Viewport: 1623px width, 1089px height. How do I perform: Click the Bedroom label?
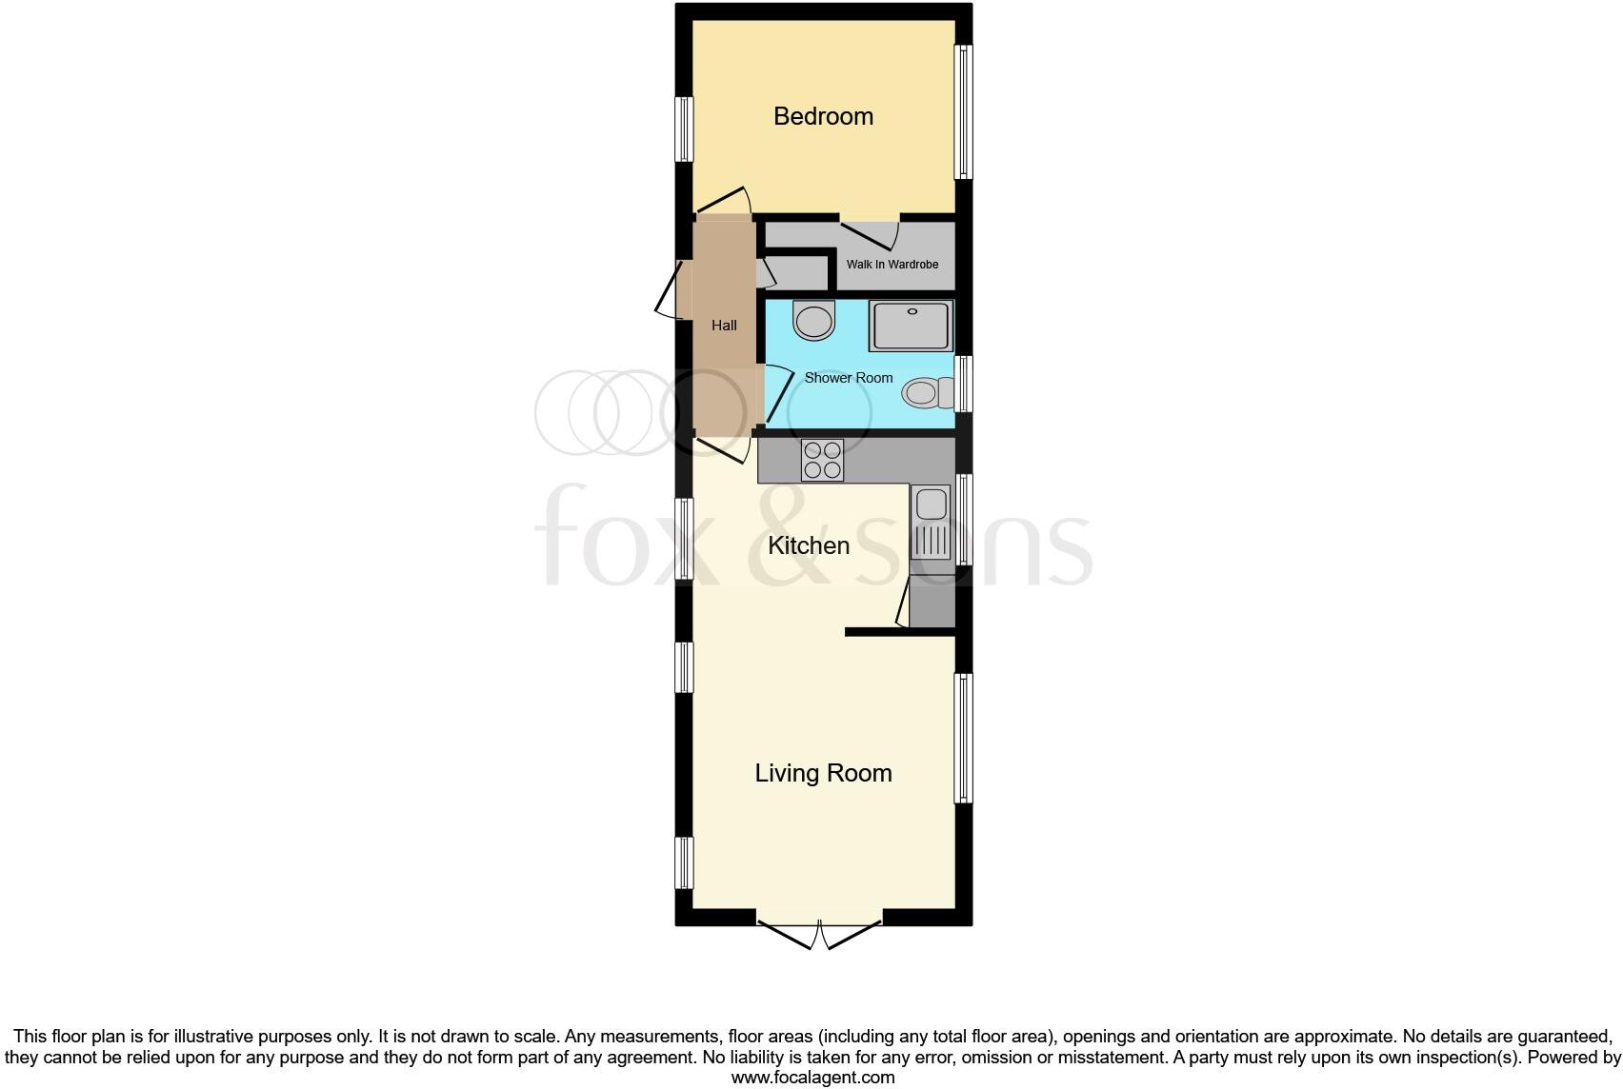point(823,116)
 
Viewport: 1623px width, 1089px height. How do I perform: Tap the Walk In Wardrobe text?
point(892,264)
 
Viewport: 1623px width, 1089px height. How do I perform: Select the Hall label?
point(724,326)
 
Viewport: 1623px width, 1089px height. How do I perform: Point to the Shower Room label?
point(848,378)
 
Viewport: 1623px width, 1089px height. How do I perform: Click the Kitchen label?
point(809,545)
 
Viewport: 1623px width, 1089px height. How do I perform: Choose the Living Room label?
point(823,773)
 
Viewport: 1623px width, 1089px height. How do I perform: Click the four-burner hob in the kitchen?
point(822,460)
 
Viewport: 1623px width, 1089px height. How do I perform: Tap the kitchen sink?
point(932,522)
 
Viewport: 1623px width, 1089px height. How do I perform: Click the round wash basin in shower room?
point(814,321)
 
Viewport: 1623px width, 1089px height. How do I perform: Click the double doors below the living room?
point(820,933)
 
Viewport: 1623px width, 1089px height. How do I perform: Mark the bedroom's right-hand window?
point(964,112)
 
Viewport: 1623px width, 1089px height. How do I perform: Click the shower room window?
point(964,384)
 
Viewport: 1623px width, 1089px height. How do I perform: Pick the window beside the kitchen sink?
point(964,519)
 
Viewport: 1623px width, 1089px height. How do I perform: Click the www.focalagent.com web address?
point(812,1078)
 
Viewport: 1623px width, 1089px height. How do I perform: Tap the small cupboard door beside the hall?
point(766,272)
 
